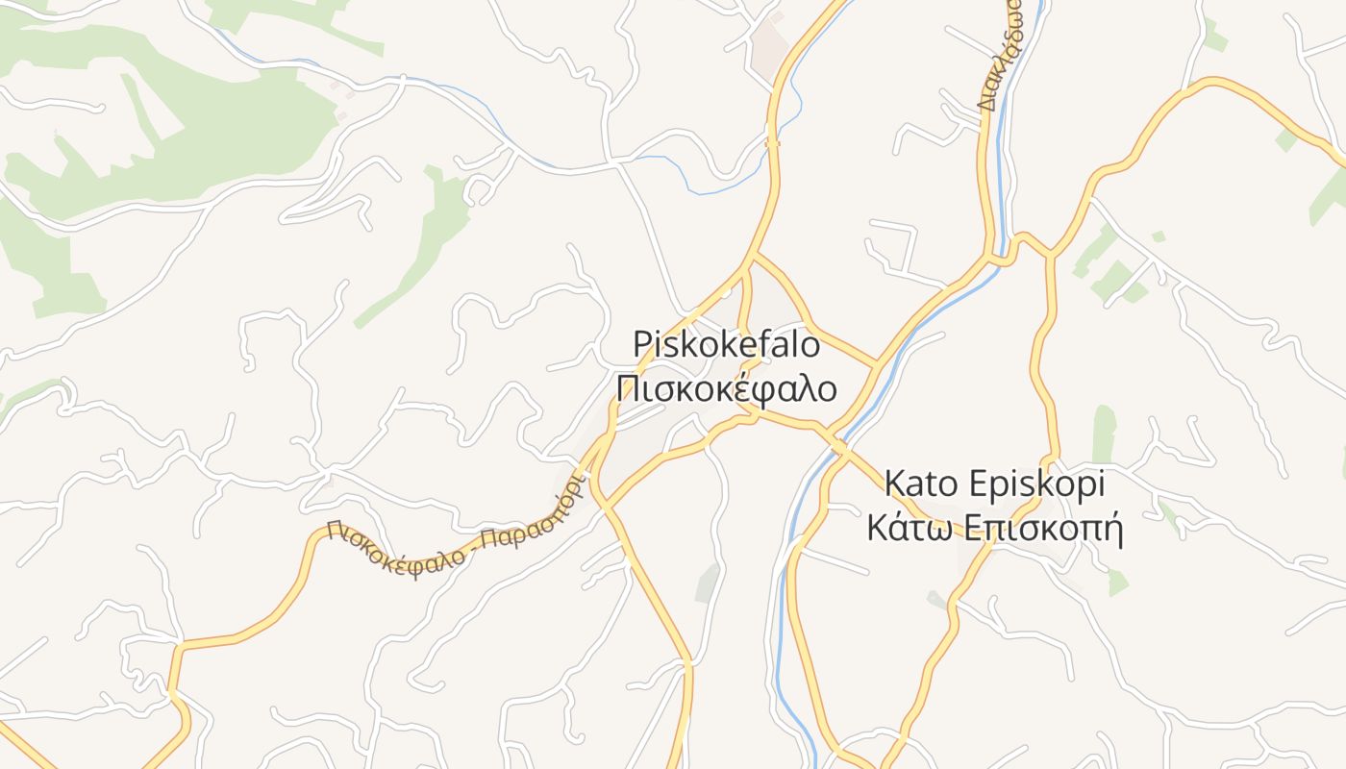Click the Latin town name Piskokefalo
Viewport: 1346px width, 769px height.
[x=726, y=345]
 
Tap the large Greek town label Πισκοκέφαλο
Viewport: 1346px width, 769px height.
[x=726, y=389]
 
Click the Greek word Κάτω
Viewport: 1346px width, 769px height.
[x=908, y=528]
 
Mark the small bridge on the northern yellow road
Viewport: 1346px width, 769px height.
[x=772, y=143]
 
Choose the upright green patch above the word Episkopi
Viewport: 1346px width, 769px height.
[x=1103, y=433]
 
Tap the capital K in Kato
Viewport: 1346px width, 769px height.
[x=893, y=484]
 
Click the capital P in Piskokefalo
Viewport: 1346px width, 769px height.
[x=641, y=345]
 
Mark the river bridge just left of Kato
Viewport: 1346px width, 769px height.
[x=838, y=449]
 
